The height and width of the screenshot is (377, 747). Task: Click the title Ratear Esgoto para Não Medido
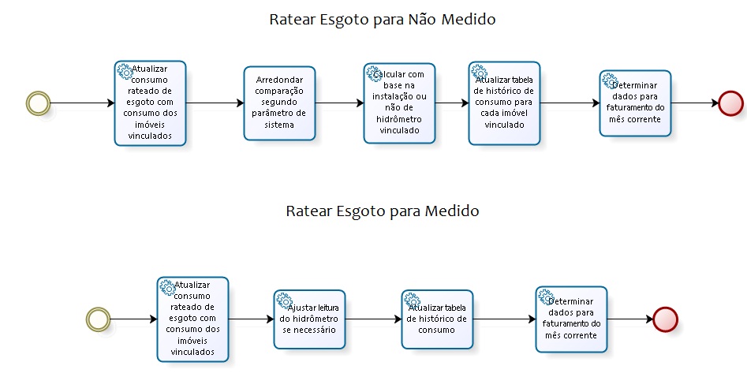(x=383, y=20)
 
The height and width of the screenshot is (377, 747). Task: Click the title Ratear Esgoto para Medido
(x=383, y=211)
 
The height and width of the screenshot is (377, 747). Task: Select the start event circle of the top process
(x=38, y=103)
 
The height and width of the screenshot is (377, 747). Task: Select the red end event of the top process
(x=730, y=103)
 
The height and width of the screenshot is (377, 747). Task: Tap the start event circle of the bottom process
(x=98, y=319)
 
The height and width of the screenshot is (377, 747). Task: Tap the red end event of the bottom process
(x=665, y=319)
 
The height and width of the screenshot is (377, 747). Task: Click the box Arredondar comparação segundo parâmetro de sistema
(x=279, y=103)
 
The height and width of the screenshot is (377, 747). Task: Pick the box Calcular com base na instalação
(x=399, y=103)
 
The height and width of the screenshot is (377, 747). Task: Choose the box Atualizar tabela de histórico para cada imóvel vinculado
(x=503, y=103)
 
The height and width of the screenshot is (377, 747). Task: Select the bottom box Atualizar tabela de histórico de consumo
(x=437, y=319)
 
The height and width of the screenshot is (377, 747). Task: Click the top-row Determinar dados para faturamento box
(x=635, y=103)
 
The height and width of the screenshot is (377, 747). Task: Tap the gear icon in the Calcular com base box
(x=373, y=73)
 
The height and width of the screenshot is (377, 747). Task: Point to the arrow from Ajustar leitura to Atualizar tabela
(x=373, y=319)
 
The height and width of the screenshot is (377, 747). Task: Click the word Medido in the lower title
(x=452, y=211)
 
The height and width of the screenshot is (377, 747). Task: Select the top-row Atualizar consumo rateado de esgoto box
(x=150, y=103)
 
